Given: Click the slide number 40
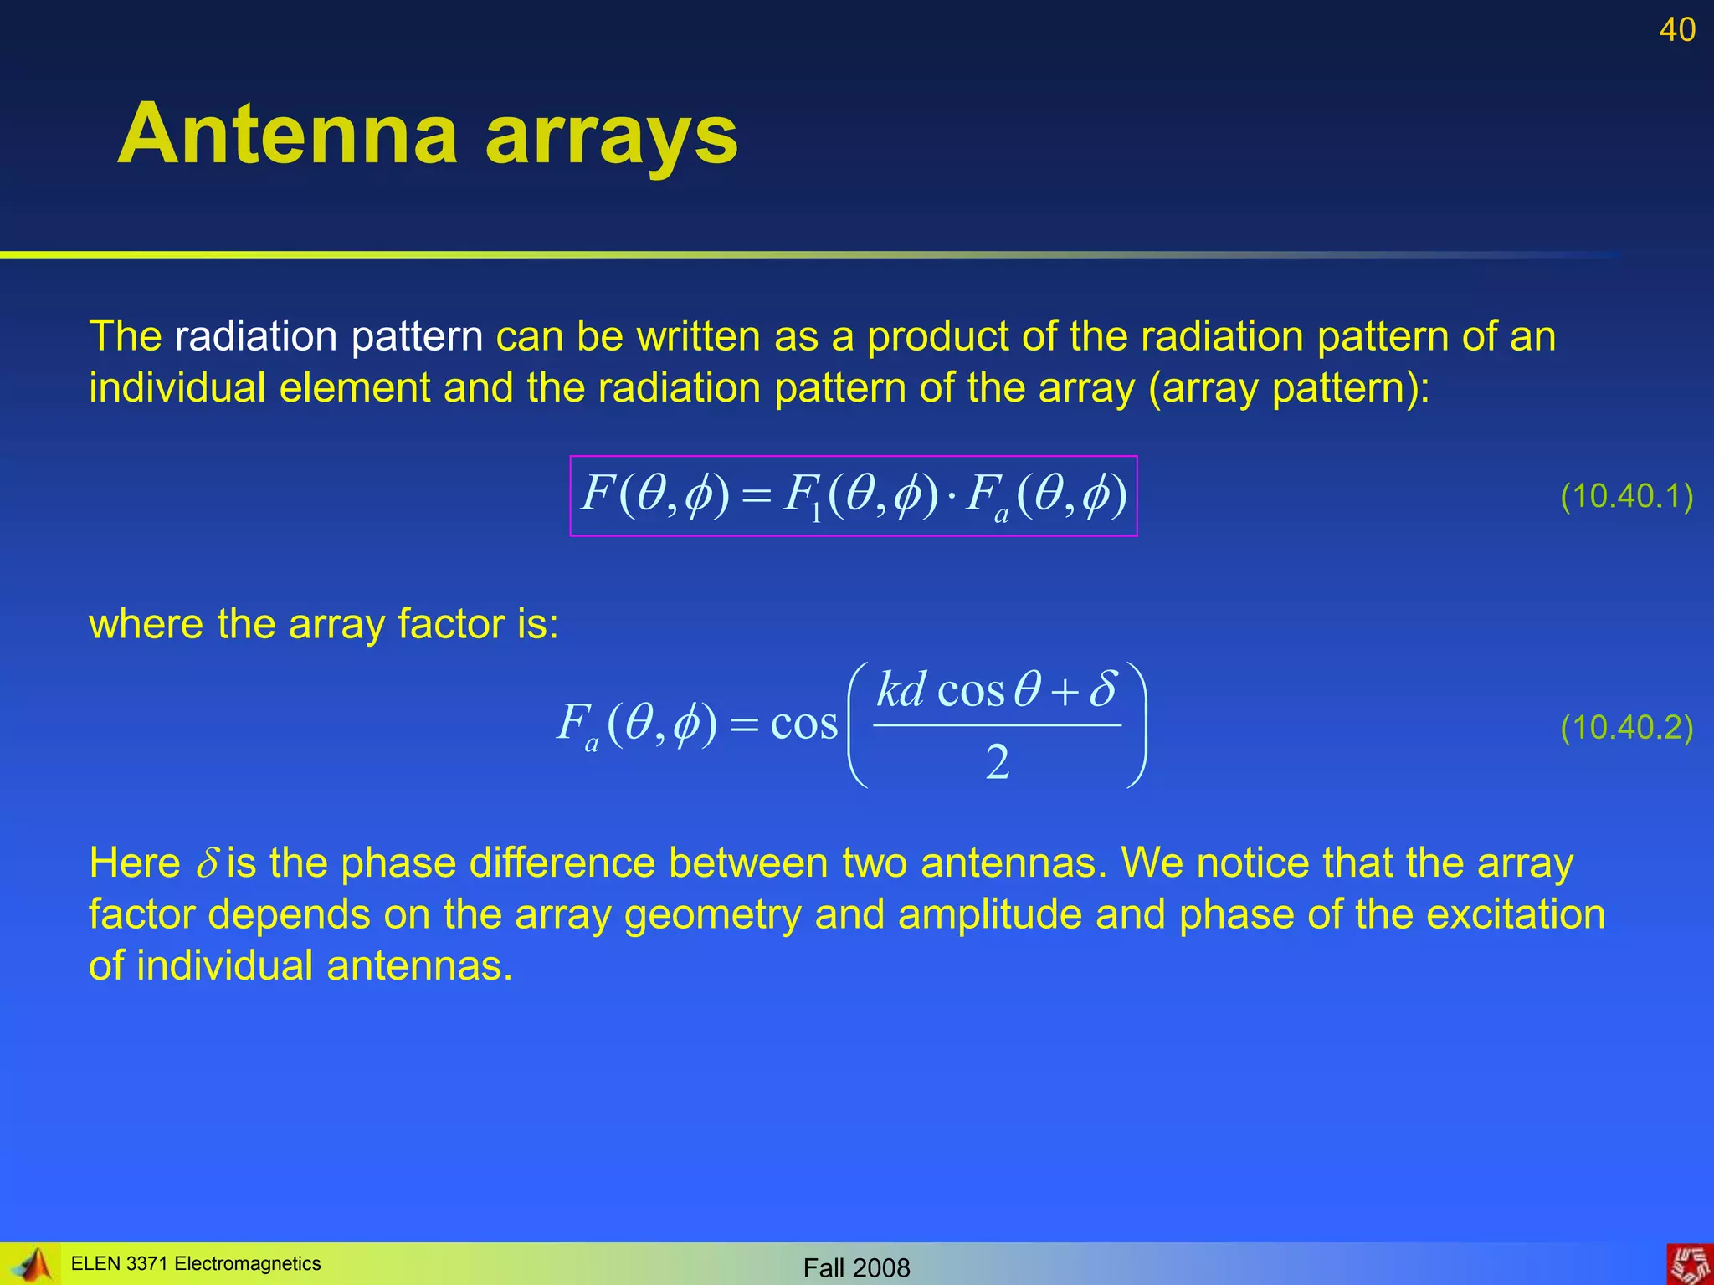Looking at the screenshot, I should click(1676, 30).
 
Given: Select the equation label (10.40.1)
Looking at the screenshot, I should click(1626, 496).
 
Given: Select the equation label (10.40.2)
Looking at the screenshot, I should click(1626, 727).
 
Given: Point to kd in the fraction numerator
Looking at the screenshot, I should click(901, 690).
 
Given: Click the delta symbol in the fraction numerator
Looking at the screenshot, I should click(1103, 689).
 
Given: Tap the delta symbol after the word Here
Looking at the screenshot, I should click(207, 863).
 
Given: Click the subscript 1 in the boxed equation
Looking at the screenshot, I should click(816, 511).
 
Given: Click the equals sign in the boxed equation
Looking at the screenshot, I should click(755, 497).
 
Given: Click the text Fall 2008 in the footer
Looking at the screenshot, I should click(856, 1268).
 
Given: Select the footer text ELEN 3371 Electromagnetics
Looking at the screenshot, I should click(196, 1263).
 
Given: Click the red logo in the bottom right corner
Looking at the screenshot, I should click(1690, 1264).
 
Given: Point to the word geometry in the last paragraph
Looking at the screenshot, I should click(712, 914).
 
